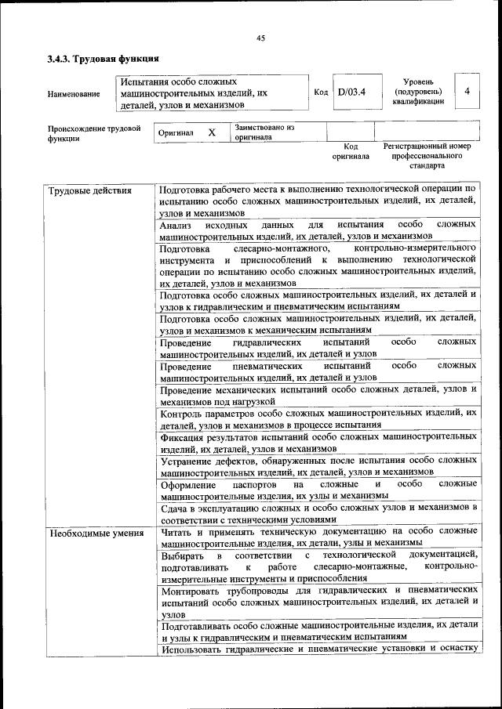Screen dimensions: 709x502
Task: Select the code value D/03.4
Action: pos(351,92)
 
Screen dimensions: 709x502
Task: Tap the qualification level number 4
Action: pos(467,92)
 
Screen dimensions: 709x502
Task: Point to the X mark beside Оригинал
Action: pos(212,132)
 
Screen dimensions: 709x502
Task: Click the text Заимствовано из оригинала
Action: pos(263,132)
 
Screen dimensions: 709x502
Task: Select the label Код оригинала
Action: pos(351,152)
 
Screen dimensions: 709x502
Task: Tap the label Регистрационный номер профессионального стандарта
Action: pos(427,156)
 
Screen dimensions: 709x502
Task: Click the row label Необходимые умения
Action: pos(96,534)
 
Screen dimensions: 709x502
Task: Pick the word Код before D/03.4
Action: pos(321,92)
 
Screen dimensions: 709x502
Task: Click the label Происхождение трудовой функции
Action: pos(93,132)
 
